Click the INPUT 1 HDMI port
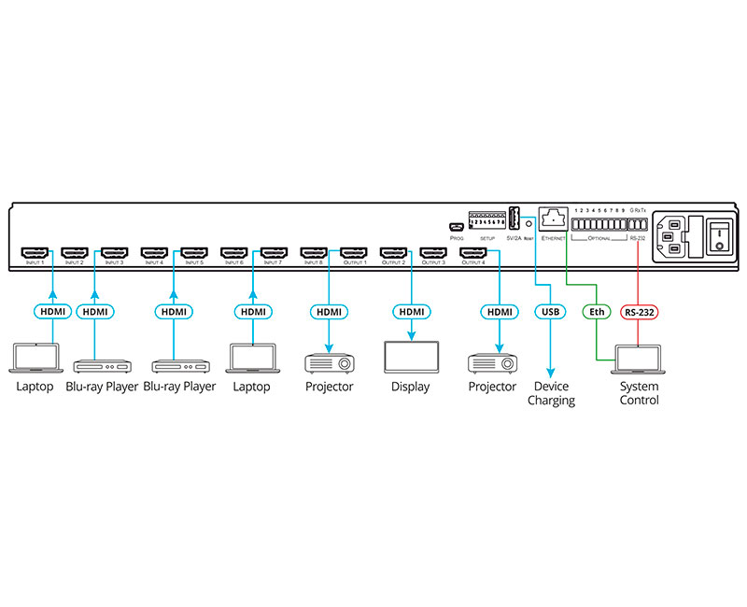point(35,252)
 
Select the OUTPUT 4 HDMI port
point(474,252)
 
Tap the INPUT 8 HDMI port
point(315,252)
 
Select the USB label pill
point(549,311)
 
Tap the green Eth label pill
point(595,311)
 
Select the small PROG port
point(457,227)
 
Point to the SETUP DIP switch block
point(486,221)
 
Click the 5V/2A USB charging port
point(513,218)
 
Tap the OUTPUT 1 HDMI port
point(354,252)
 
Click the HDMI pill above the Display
point(411,311)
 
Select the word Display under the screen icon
point(411,387)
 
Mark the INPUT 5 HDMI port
point(194,252)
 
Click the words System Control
point(639,393)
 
